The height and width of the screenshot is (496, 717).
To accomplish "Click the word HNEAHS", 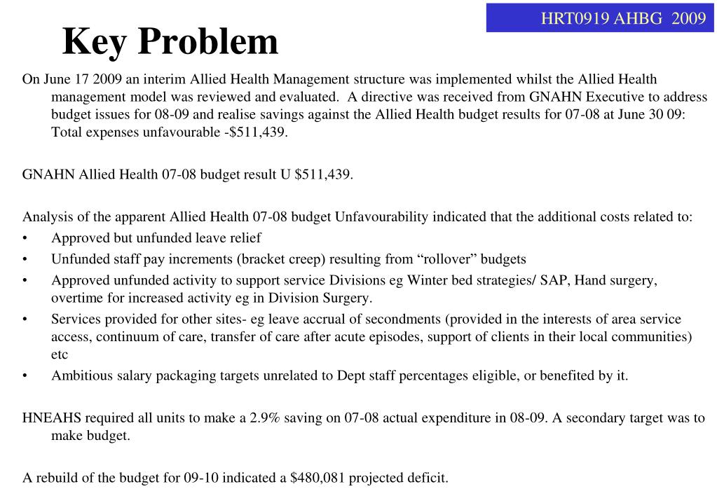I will point(52,418).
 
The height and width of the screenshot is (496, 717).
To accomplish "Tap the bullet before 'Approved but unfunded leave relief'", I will point(25,238).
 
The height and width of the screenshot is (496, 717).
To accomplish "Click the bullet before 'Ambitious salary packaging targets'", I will point(25,376).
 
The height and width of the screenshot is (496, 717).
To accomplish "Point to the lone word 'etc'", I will point(60,354).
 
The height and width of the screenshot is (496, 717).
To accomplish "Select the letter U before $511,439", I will point(285,174).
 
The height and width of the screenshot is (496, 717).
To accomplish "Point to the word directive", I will point(389,97).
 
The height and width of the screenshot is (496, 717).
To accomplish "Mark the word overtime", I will point(77,298).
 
